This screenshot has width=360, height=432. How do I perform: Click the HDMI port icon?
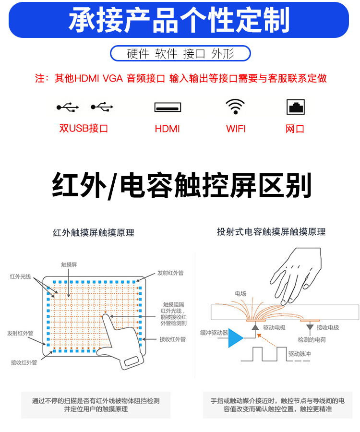[168, 107]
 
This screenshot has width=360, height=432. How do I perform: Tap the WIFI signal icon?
[235, 107]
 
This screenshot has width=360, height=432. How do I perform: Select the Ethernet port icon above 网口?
[295, 107]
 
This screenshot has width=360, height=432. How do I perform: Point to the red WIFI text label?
[236, 129]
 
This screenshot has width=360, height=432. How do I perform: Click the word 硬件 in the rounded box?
[138, 54]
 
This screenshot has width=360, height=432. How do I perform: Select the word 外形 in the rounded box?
[223, 54]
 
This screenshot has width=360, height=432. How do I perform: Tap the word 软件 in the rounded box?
[166, 54]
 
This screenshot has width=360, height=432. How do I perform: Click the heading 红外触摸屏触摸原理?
[94, 233]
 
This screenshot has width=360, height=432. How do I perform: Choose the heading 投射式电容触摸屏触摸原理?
[271, 232]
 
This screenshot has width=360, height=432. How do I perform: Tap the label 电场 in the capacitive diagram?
[240, 293]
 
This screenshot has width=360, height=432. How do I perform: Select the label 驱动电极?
[274, 327]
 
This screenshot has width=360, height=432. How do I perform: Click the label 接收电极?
[327, 327]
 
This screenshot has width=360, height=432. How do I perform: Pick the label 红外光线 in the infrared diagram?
[20, 276]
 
